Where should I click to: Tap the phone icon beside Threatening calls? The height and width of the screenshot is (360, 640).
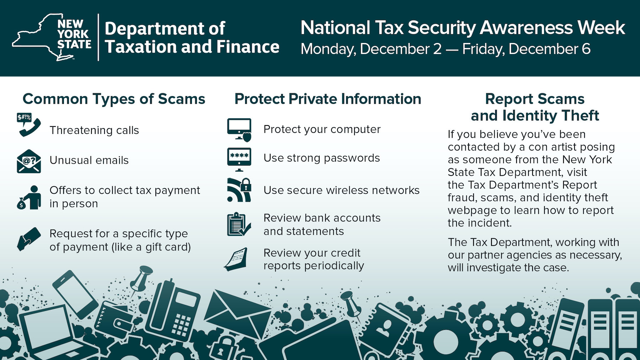[x=29, y=125]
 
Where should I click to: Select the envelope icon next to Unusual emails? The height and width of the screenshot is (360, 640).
[x=29, y=161]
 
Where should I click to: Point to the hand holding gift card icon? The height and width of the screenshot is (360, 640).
[x=29, y=239]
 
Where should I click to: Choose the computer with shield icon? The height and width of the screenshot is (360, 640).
[x=239, y=130]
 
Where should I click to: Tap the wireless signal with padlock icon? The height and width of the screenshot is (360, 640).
[x=239, y=190]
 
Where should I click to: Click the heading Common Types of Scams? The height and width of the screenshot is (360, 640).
[x=114, y=99]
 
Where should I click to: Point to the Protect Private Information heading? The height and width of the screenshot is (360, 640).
[x=328, y=99]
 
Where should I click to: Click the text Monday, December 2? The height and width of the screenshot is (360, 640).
[x=371, y=49]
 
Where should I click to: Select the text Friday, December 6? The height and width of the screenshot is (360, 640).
[x=526, y=49]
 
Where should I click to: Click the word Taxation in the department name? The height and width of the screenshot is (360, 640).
[x=141, y=47]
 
